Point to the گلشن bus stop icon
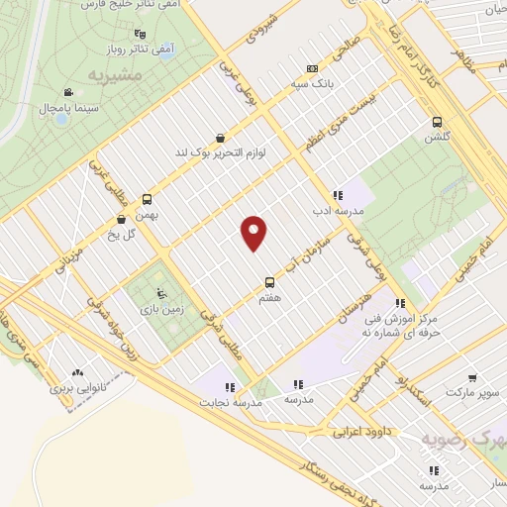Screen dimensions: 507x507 [437, 122]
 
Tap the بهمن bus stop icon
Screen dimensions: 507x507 [147, 198]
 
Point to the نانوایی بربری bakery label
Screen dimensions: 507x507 [76, 389]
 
